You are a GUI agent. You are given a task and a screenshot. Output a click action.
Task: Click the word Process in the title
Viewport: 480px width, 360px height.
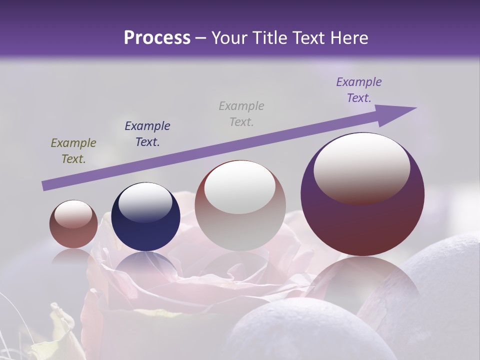tap(157, 38)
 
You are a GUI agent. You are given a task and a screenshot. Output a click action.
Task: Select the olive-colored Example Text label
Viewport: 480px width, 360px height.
tap(73, 151)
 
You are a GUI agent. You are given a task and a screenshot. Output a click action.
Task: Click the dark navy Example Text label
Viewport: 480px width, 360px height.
tap(147, 133)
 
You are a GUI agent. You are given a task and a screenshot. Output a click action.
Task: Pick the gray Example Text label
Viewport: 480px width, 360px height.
tap(241, 113)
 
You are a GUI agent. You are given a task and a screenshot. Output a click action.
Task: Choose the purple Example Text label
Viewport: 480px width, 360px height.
tap(358, 90)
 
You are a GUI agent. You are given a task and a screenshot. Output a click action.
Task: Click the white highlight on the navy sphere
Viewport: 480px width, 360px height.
tap(145, 202)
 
